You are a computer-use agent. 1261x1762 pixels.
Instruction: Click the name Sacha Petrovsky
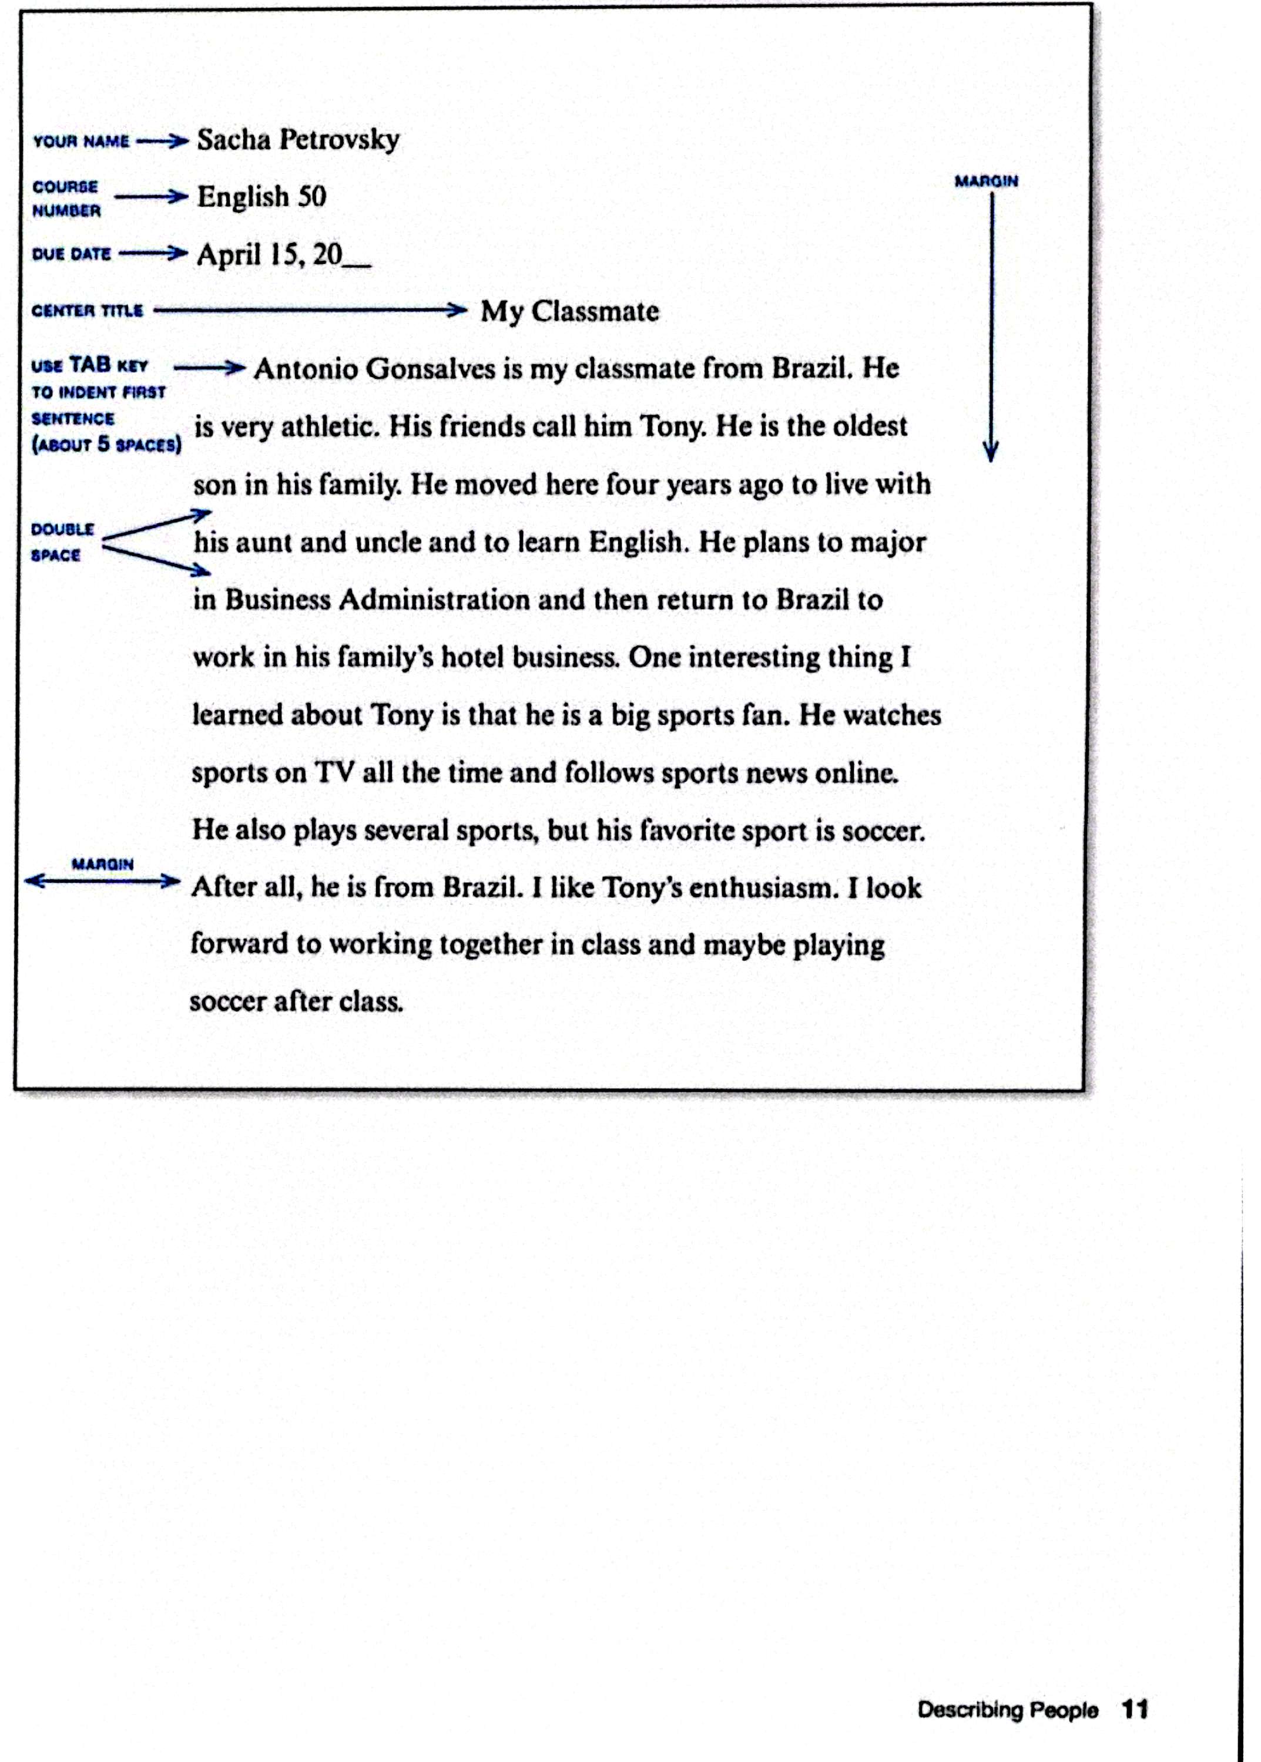point(298,140)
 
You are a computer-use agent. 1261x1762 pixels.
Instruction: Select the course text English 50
point(261,196)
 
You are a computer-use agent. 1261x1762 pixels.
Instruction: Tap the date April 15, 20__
point(283,254)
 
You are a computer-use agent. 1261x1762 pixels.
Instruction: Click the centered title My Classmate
point(569,311)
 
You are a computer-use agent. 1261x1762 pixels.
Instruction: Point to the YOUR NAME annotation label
point(81,142)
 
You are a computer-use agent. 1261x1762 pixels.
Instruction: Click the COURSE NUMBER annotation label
point(66,199)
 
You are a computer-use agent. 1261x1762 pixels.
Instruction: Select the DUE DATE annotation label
point(72,254)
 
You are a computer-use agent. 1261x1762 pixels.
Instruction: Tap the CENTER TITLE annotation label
point(87,311)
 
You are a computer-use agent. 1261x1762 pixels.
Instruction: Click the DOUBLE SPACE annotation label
point(62,542)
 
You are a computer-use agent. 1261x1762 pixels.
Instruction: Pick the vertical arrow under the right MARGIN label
point(991,326)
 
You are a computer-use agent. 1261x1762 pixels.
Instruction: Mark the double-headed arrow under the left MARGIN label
point(102,881)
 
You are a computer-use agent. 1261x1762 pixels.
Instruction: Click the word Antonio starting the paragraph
point(306,369)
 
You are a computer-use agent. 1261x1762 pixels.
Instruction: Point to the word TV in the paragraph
point(334,772)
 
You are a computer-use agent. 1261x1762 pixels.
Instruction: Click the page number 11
point(1135,1709)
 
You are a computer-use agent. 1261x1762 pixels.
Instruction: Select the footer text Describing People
point(1007,1710)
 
